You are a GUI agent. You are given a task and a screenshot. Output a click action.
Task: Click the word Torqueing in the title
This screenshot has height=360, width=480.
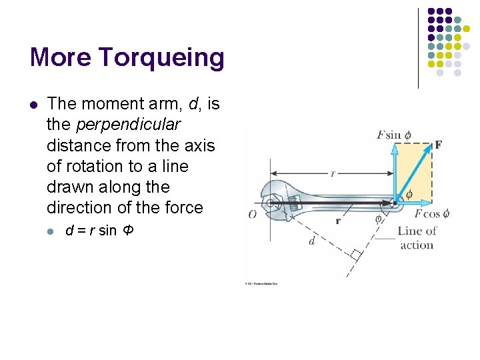click(163, 59)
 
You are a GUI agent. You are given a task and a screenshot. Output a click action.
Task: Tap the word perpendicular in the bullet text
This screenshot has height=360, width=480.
click(129, 125)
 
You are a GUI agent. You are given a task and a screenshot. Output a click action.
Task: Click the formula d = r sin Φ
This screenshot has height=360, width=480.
click(100, 231)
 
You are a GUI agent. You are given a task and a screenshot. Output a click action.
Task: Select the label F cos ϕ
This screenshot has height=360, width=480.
click(432, 214)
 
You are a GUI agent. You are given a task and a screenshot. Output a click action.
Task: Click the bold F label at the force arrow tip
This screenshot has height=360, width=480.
click(438, 145)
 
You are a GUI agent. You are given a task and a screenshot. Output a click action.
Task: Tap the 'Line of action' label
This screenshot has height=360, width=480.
click(417, 238)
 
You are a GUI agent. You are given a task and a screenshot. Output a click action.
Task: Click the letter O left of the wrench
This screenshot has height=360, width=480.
click(252, 215)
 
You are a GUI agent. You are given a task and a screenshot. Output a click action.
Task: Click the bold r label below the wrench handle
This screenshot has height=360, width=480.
click(339, 221)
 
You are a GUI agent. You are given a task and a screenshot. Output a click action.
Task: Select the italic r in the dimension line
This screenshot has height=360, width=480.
click(332, 173)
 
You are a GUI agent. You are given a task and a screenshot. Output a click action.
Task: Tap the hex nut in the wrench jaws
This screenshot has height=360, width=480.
click(273, 203)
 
